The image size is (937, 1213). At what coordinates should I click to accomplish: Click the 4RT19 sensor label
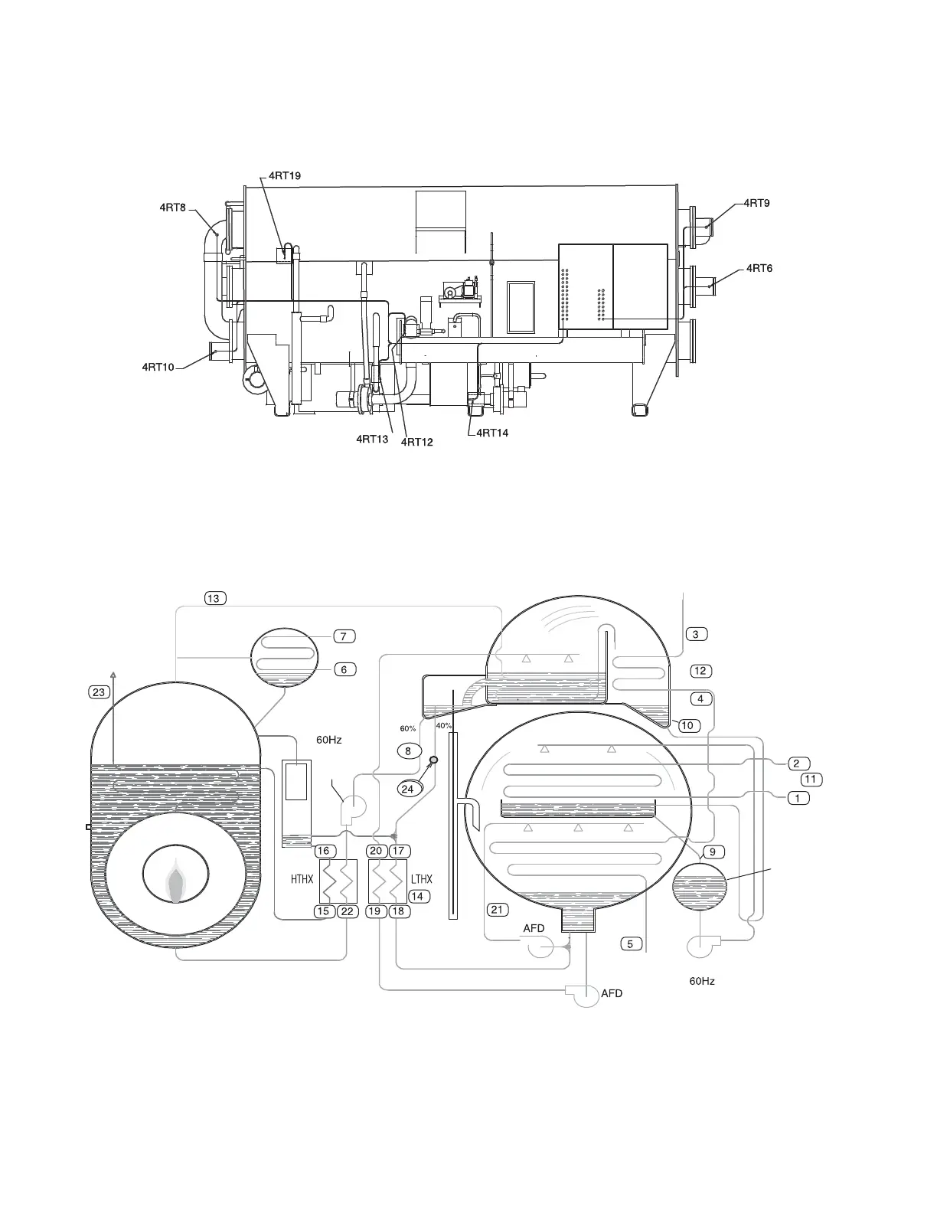[x=284, y=175]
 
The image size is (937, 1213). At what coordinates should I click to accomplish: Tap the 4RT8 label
[x=172, y=207]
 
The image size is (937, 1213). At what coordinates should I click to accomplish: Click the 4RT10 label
[x=158, y=367]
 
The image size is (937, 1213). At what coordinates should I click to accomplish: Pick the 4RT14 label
[x=492, y=433]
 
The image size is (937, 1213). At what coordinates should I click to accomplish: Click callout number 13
[x=215, y=598]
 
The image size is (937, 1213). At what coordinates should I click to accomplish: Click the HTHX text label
[x=302, y=880]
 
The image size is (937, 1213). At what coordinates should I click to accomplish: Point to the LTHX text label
[x=421, y=879]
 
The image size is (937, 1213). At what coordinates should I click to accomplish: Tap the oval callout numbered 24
[x=407, y=789]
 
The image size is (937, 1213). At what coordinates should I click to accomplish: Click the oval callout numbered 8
[x=408, y=751]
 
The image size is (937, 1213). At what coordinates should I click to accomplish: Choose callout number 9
[x=712, y=852]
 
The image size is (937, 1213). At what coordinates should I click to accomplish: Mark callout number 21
[x=498, y=909]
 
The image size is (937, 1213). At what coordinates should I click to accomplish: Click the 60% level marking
[x=407, y=728]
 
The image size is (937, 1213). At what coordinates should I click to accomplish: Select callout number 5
[x=630, y=943]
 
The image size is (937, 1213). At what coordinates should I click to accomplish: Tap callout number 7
[x=344, y=636]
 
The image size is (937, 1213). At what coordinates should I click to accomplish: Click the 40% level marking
[x=444, y=725]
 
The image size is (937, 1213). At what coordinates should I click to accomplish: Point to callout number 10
[x=689, y=725]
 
